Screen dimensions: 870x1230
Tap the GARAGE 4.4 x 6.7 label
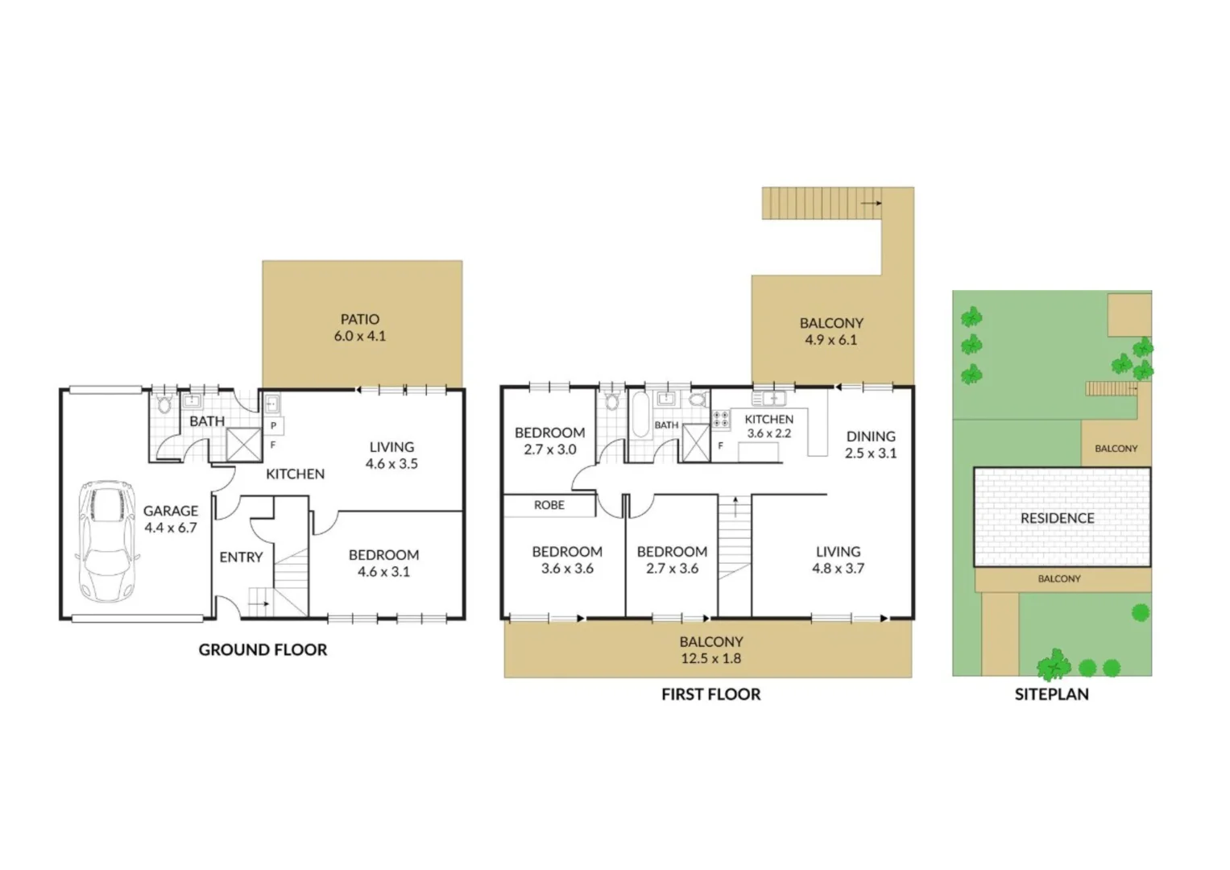[171, 519]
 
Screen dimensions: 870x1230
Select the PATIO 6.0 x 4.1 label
[360, 328]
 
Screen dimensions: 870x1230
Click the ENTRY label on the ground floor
[241, 557]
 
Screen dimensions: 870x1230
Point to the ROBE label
[549, 505]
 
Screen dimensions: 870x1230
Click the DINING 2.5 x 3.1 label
[871, 445]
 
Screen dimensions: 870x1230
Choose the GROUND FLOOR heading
[263, 649]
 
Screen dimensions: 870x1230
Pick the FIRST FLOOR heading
[710, 694]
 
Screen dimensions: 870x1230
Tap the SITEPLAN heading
[1051, 694]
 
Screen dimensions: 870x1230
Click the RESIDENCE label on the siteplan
[1057, 518]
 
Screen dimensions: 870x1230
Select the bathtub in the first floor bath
[640, 414]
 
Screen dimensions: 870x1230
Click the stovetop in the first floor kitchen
[721, 420]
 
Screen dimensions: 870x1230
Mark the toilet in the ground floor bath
[165, 403]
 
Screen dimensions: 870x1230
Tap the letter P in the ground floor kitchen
[274, 425]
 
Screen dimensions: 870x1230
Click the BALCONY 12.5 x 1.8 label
[710, 650]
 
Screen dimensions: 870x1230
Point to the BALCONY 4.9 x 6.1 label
[831, 331]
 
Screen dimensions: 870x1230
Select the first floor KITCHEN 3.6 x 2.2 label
[768, 425]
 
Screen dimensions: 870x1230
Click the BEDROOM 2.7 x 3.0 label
[549, 441]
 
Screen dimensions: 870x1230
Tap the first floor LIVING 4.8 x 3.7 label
[838, 560]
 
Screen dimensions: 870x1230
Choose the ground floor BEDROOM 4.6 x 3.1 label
[383, 563]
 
